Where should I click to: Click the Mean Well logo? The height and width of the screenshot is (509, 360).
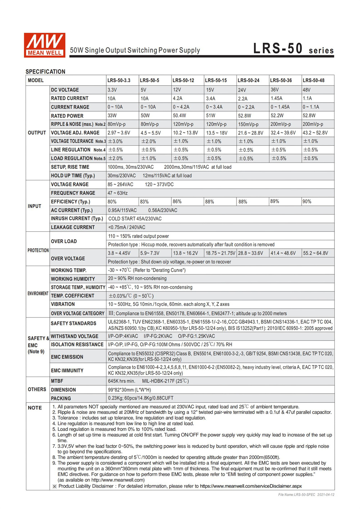pyautogui.click(x=44, y=45)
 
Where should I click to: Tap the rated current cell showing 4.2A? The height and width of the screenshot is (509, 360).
pyautogui.click(x=178, y=98)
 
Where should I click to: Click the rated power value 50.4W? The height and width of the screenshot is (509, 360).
pyautogui.click(x=179, y=116)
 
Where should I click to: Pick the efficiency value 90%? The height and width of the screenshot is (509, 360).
pyautogui.click(x=307, y=202)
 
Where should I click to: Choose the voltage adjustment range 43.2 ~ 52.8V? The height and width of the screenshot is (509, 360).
pyautogui.click(x=315, y=133)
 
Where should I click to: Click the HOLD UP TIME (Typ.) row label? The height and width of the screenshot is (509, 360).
pyautogui.click(x=73, y=176)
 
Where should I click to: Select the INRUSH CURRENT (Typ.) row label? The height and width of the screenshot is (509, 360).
pyautogui.click(x=77, y=219)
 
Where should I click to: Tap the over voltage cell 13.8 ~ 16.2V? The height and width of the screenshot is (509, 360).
pyautogui.click(x=185, y=253)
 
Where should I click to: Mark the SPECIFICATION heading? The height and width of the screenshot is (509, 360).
pyautogui.click(x=45, y=72)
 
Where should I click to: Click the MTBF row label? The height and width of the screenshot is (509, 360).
pyautogui.click(x=57, y=381)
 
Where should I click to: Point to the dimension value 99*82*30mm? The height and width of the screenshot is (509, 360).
pyautogui.click(x=129, y=390)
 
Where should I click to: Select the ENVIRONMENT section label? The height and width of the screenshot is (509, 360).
pyautogui.click(x=38, y=293)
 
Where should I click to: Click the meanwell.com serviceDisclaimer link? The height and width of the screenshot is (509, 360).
pyautogui.click(x=251, y=486)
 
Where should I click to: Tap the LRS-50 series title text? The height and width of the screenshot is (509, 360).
pyautogui.click(x=293, y=49)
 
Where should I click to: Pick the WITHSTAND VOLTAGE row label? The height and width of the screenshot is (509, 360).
pyautogui.click(x=75, y=336)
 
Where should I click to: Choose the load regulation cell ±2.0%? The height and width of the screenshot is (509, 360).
pyautogui.click(x=116, y=158)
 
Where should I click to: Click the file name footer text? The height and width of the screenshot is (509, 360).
pyautogui.click(x=306, y=495)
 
